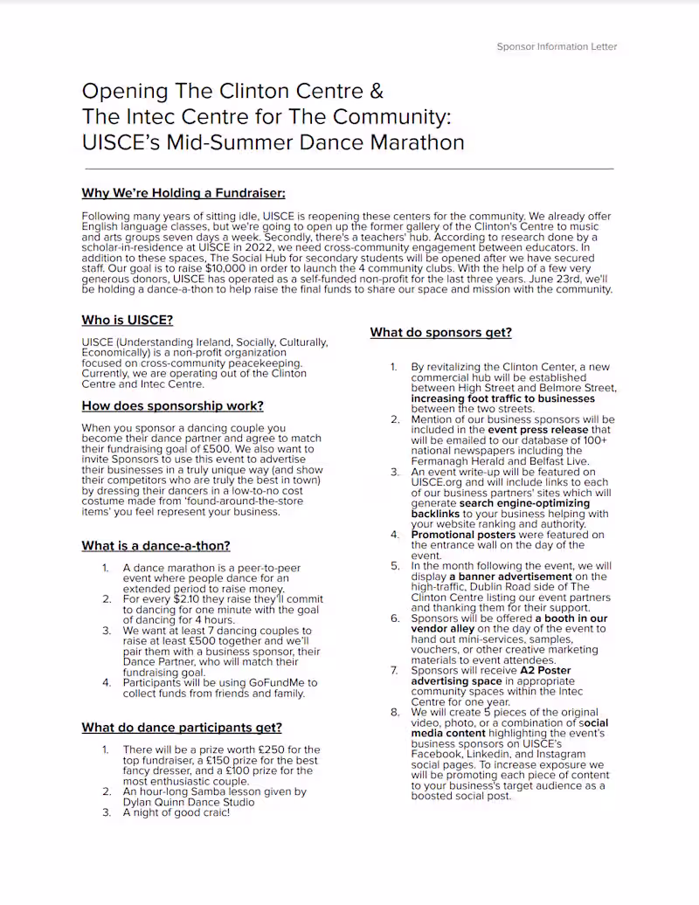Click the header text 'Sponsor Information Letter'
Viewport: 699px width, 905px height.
click(557, 46)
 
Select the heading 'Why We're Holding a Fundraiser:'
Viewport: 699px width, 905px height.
click(183, 193)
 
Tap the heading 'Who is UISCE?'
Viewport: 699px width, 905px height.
click(127, 320)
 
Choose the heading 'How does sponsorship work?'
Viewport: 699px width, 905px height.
click(172, 405)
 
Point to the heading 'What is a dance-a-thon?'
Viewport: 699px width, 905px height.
click(156, 546)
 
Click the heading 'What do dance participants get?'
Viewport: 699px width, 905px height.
click(182, 728)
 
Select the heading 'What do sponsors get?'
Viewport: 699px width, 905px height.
click(440, 332)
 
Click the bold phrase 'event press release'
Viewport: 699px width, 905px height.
click(537, 430)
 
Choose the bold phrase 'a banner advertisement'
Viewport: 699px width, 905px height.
click(510, 577)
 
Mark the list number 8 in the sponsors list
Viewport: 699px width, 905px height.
click(394, 713)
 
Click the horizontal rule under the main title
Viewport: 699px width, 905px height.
click(349, 169)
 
